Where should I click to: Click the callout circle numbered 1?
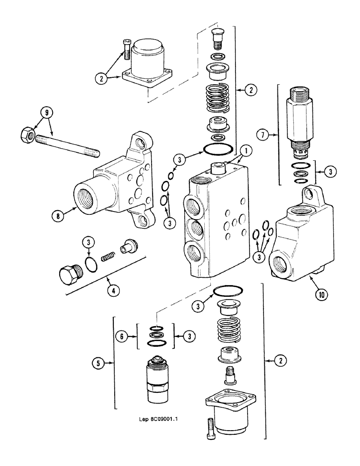tap(246, 151)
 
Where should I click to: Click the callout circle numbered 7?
tap(263, 136)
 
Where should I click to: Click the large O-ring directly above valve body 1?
tap(217, 150)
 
